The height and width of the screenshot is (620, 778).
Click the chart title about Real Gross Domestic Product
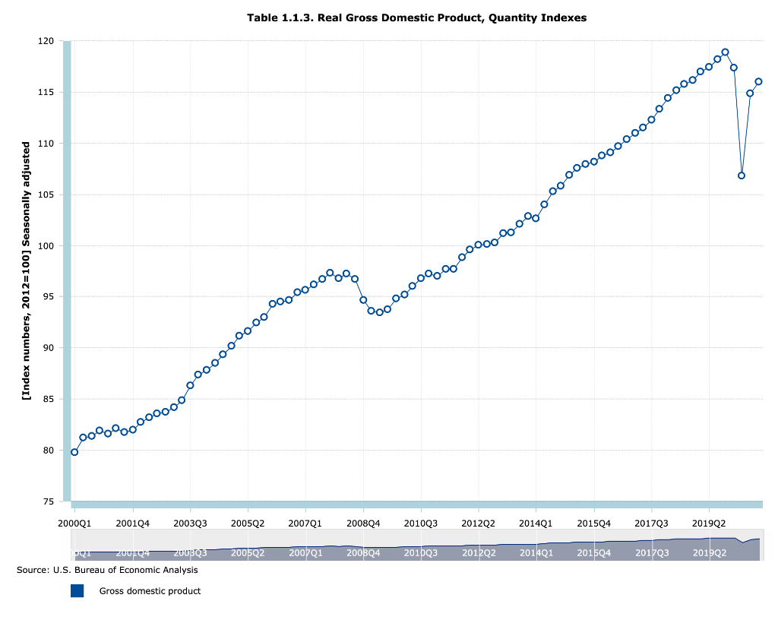pos(416,17)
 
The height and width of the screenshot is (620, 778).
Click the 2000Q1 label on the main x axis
pos(74,524)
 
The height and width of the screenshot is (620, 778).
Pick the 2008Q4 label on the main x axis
pos(363,524)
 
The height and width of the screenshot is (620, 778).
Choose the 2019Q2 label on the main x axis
pos(709,524)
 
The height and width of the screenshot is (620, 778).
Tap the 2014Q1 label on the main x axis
pos(536,524)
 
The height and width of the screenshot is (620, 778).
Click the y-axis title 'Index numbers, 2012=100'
pos(27,270)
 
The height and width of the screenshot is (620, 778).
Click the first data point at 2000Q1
pos(74,452)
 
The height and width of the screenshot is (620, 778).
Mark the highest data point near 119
pos(725,52)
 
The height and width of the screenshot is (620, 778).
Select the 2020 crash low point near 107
pos(742,176)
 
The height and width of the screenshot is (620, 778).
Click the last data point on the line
pos(758,81)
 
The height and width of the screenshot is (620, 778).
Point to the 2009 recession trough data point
pos(380,312)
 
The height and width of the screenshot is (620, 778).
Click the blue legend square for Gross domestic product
pos(77,590)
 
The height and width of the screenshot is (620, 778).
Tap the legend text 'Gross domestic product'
pos(150,591)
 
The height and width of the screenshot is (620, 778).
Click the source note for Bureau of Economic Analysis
pos(107,570)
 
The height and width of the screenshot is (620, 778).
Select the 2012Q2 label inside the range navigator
pos(478,553)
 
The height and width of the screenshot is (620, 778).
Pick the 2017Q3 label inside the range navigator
pos(651,553)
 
